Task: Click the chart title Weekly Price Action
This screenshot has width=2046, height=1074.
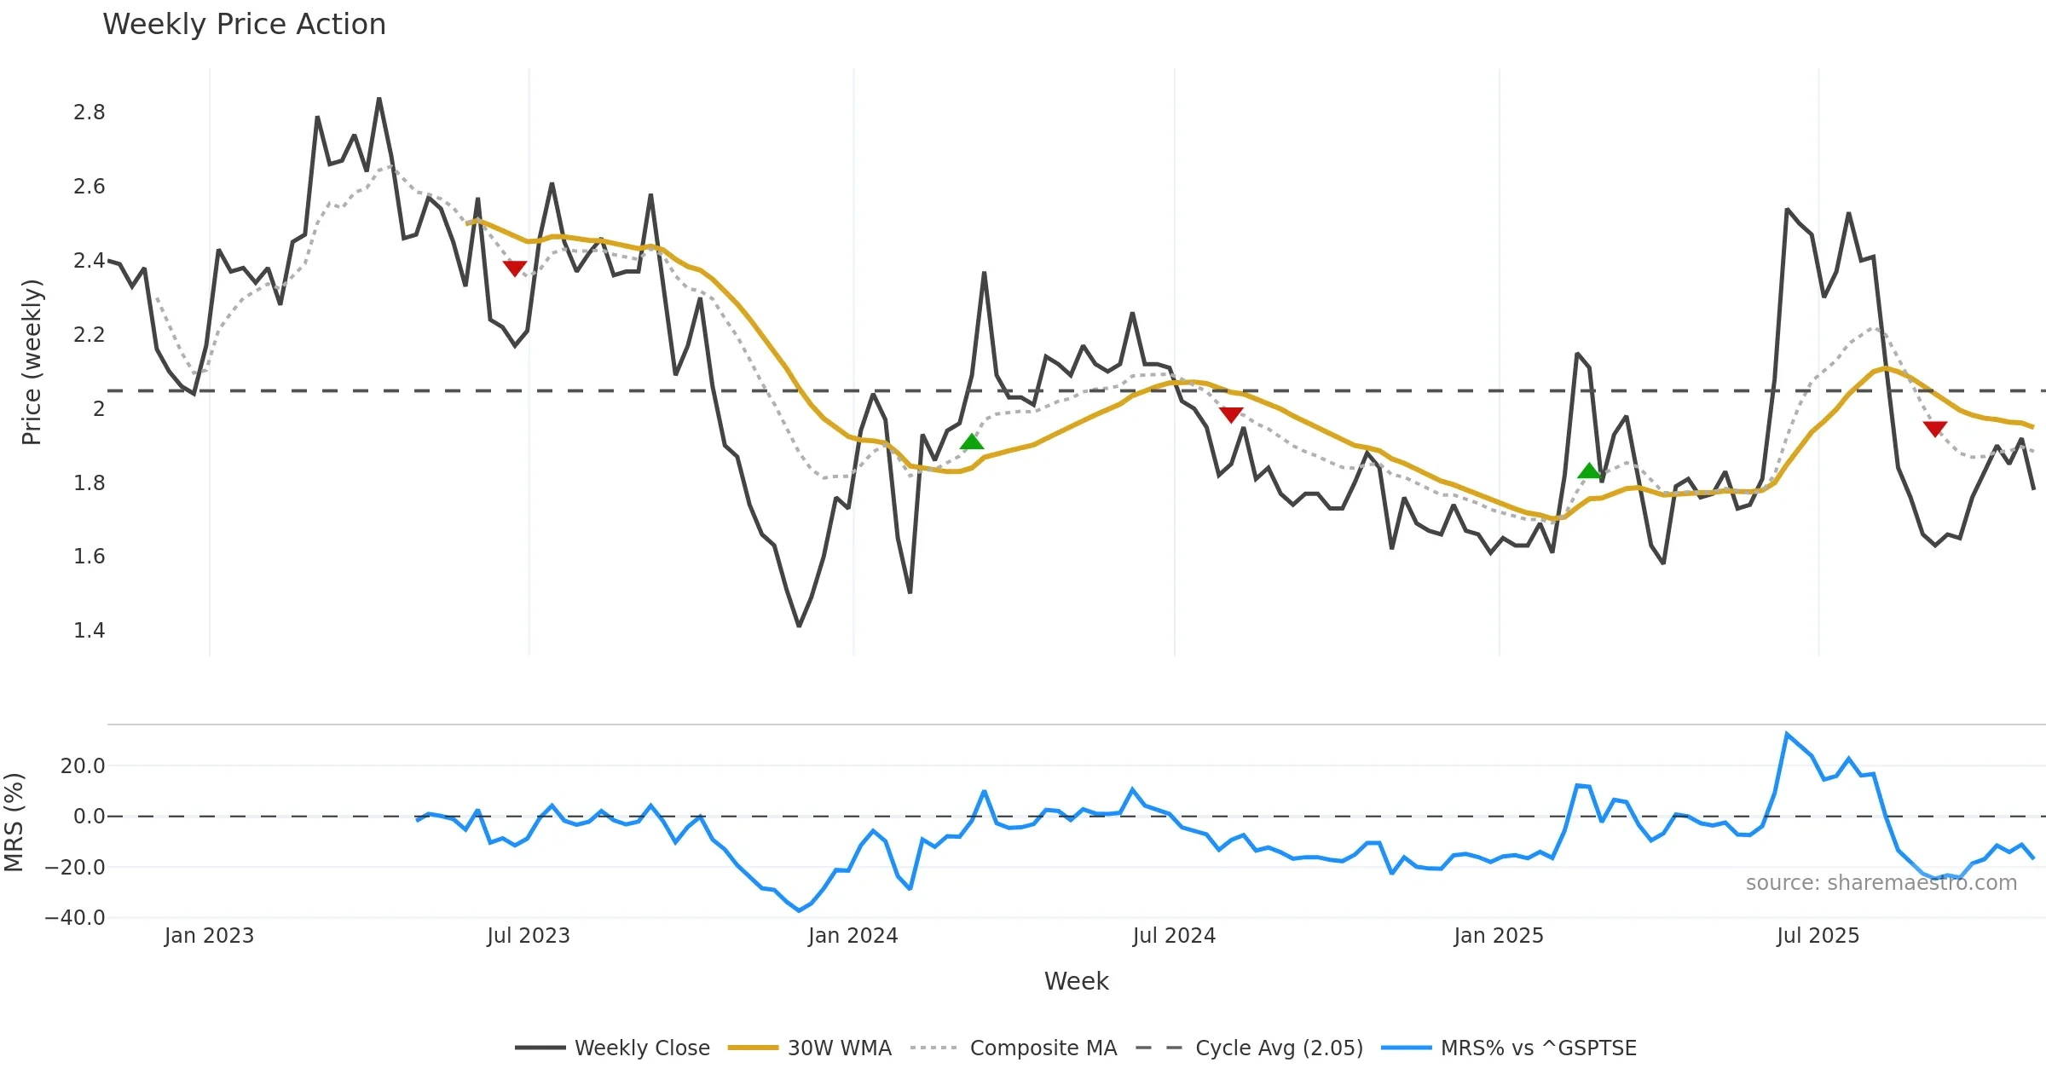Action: pyautogui.click(x=244, y=25)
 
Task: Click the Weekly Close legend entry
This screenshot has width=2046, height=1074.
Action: pyautogui.click(x=641, y=1048)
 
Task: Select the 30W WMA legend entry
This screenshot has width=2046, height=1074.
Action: pyautogui.click(x=839, y=1048)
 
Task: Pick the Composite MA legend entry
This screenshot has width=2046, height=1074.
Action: pyautogui.click(x=1043, y=1048)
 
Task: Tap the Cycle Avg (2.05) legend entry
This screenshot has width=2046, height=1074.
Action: pyautogui.click(x=1279, y=1048)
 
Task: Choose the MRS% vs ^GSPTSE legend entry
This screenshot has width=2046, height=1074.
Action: pyautogui.click(x=1538, y=1048)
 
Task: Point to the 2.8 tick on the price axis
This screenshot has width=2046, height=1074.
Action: pyautogui.click(x=90, y=113)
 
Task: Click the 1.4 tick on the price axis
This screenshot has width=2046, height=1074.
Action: pyautogui.click(x=90, y=631)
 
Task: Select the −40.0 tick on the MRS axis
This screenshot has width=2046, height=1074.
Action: pyautogui.click(x=75, y=918)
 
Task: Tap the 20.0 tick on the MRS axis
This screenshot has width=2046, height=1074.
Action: pyautogui.click(x=83, y=766)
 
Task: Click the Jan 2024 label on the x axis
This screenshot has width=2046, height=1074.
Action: pyautogui.click(x=852, y=936)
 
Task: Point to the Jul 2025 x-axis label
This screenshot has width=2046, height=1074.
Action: pyautogui.click(x=1818, y=936)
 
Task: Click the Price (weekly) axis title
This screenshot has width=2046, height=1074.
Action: pyautogui.click(x=32, y=362)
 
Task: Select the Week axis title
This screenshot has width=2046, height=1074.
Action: pyautogui.click(x=1076, y=982)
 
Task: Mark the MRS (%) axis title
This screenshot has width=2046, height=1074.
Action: pyautogui.click(x=14, y=822)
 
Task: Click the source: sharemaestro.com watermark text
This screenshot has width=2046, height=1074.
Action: pyautogui.click(x=1881, y=883)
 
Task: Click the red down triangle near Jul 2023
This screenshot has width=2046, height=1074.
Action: pyautogui.click(x=515, y=268)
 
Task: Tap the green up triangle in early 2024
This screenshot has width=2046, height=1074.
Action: pyautogui.click(x=972, y=442)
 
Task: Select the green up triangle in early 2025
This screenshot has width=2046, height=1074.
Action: pyautogui.click(x=1589, y=471)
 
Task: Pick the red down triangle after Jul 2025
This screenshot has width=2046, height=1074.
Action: pyautogui.click(x=1935, y=429)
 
